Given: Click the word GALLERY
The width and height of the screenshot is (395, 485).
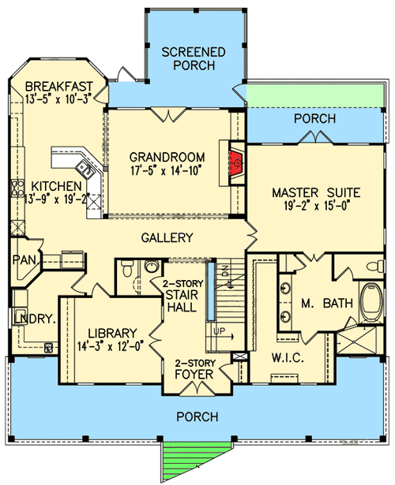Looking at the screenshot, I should (x=168, y=237).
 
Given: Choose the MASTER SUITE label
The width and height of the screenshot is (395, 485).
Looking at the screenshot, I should (x=316, y=192).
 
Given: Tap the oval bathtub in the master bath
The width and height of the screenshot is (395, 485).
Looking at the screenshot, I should (x=369, y=304).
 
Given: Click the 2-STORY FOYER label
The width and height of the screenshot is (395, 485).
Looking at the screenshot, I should (x=194, y=368).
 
